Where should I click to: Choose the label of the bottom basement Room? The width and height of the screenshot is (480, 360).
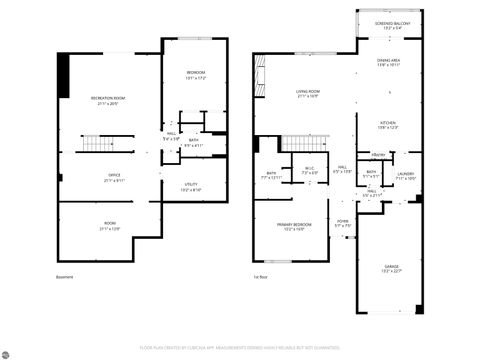(110, 226)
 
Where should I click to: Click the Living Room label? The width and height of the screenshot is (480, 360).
(307, 94)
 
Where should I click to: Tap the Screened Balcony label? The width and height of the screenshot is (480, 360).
(391, 25)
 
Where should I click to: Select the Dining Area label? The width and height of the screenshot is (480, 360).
(390, 63)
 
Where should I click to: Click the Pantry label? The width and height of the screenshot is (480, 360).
(379, 154)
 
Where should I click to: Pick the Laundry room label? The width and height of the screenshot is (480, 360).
(404, 176)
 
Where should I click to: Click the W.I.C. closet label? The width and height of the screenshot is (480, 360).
(310, 171)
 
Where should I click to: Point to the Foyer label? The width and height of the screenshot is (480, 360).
(342, 222)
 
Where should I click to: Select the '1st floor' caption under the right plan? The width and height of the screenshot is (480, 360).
(262, 277)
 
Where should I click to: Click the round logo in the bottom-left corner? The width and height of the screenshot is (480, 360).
(8, 352)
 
